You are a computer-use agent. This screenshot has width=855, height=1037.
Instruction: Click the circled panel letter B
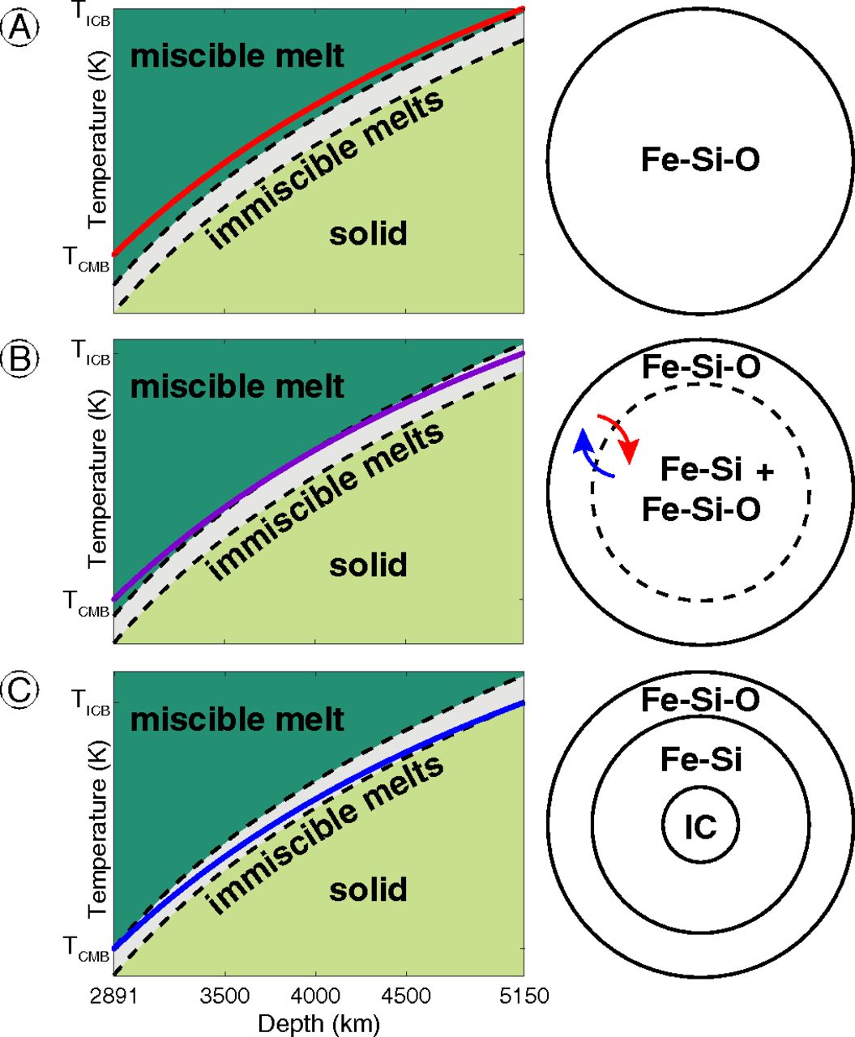pyautogui.click(x=19, y=359)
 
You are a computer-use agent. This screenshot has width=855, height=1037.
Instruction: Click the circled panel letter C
pyautogui.click(x=19, y=689)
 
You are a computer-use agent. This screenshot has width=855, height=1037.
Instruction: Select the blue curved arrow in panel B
pyautogui.click(x=591, y=454)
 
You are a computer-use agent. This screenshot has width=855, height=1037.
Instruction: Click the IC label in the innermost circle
pyautogui.click(x=700, y=826)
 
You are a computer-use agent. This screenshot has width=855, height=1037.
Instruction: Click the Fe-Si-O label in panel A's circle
pyautogui.click(x=700, y=159)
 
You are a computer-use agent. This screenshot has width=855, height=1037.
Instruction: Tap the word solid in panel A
pyautogui.click(x=368, y=234)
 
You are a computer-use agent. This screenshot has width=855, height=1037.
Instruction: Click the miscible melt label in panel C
pyautogui.click(x=237, y=719)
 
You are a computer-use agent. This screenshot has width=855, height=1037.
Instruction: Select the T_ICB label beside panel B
pyautogui.click(x=90, y=352)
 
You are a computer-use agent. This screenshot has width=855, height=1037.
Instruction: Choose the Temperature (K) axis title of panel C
pyautogui.click(x=98, y=834)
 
